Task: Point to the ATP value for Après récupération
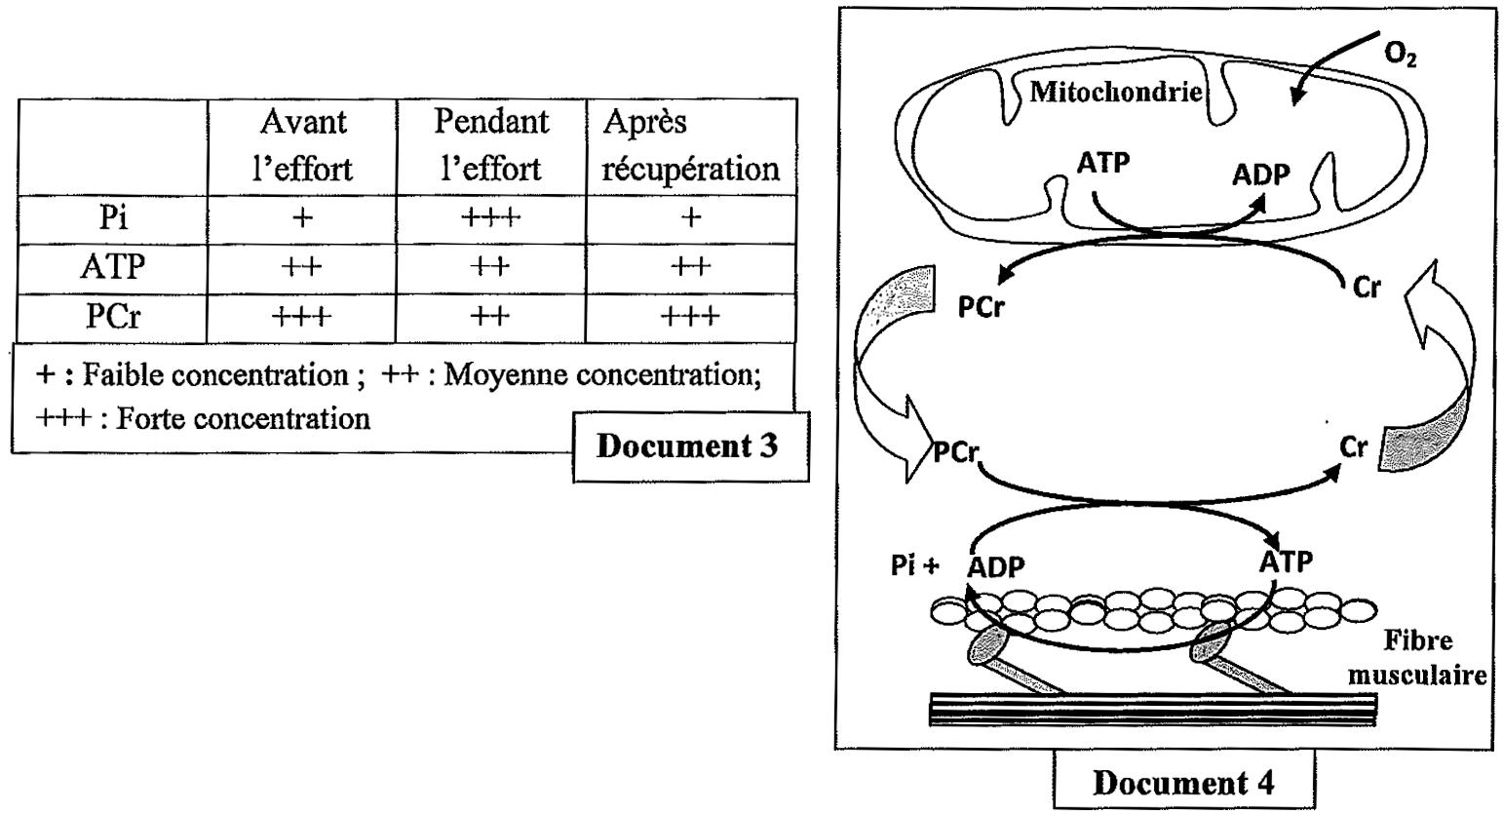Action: click(690, 266)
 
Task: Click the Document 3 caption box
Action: click(688, 447)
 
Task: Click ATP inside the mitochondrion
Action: click(1102, 163)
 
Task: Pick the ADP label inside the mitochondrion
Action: click(1260, 175)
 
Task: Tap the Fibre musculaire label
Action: click(1433, 658)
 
